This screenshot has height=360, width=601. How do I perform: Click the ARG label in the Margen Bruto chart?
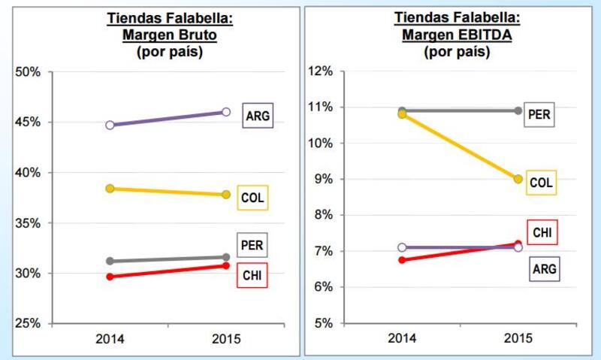point(257,116)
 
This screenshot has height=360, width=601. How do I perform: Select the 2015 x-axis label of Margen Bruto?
point(226,339)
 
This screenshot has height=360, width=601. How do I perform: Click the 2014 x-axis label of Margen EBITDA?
point(402,339)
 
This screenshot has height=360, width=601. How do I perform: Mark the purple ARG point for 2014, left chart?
point(110,125)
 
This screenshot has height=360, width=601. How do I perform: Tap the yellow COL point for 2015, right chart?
point(518,179)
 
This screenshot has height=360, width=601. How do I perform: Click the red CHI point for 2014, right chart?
point(402,260)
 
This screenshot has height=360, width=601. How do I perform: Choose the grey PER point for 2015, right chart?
point(518,110)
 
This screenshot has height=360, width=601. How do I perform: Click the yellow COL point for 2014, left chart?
point(110,189)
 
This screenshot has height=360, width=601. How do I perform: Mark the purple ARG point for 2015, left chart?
point(226,112)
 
